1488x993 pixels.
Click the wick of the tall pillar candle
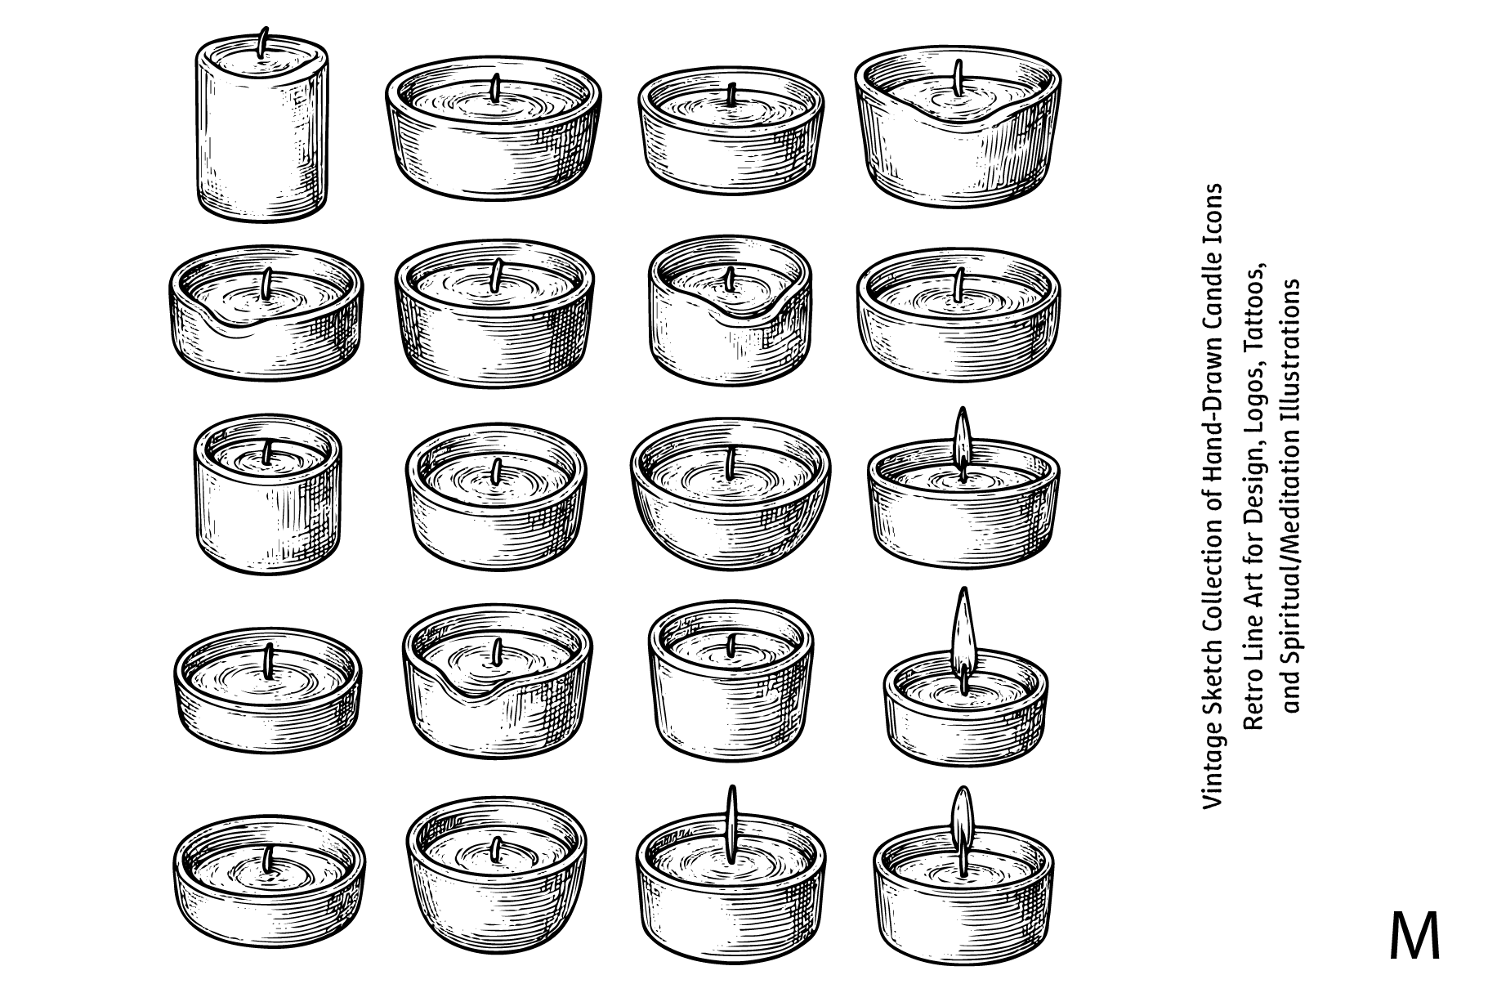coord(263,42)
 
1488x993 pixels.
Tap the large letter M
coord(1414,937)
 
